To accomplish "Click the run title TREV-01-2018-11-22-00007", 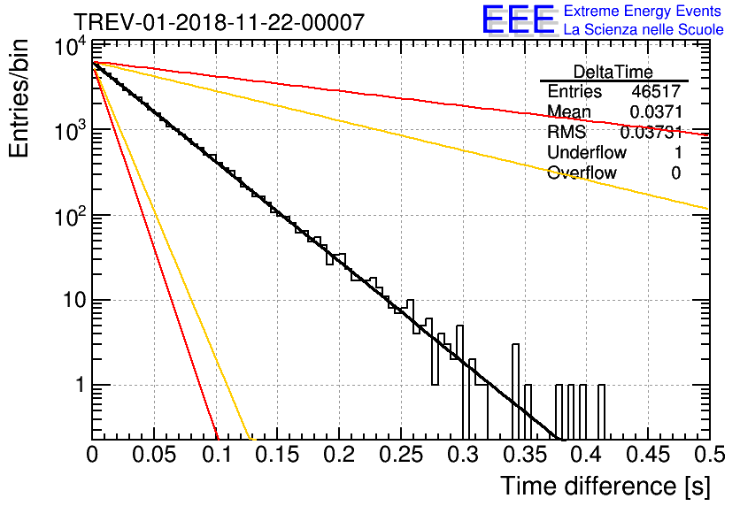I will (x=218, y=22).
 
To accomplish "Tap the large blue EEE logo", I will (x=518, y=20).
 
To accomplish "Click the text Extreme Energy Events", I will (x=643, y=11).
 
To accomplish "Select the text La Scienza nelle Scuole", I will (x=644, y=30).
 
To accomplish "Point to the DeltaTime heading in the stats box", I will (x=613, y=72).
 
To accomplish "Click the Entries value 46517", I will (x=656, y=92).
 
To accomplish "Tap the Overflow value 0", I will (x=675, y=173).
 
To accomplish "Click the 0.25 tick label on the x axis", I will (x=400, y=456).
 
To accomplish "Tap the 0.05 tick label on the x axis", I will (x=154, y=456).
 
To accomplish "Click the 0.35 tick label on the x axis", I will (x=523, y=456).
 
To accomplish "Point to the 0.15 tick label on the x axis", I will (x=277, y=456).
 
